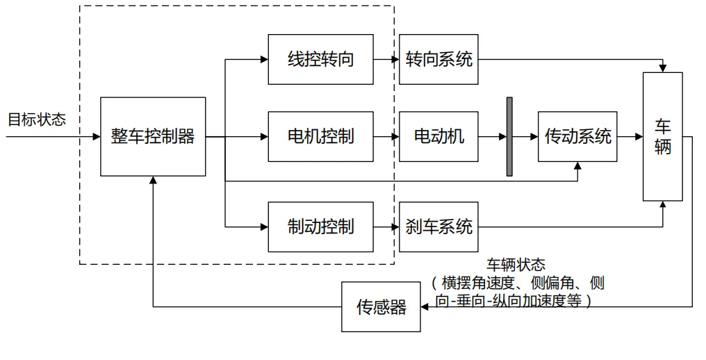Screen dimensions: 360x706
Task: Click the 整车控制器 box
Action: coord(153,136)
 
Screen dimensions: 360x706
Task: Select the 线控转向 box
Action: coord(320,59)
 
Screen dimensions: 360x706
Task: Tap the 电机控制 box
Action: coord(320,136)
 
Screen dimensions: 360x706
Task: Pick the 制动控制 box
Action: coord(320,227)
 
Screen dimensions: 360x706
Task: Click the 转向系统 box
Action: coord(439,59)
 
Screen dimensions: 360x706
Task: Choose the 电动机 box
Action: coord(439,136)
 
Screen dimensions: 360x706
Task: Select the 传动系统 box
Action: coord(577,136)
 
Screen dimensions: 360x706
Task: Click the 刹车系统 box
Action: coord(439,227)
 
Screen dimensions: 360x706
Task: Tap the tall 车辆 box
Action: coord(663,136)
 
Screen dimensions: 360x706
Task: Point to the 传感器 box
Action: coord(381,306)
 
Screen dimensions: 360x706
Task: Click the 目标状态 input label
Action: coord(37,119)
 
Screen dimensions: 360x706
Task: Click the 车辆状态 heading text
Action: coord(516,265)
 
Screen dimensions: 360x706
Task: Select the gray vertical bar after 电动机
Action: coord(509,136)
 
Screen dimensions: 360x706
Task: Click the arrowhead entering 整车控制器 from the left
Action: coord(97,136)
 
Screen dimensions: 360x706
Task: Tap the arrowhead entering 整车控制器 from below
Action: coord(153,180)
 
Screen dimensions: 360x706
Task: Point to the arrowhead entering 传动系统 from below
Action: coord(577,166)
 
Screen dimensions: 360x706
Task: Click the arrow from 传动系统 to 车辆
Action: coord(630,136)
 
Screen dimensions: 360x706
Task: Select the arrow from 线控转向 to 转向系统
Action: coord(386,59)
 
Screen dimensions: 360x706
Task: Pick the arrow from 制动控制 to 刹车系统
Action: coord(386,227)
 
